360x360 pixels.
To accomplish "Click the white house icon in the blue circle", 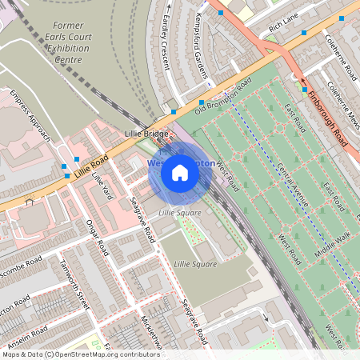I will pyautogui.click(x=180, y=173).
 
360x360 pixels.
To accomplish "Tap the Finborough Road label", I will pyautogui.click(x=328, y=118).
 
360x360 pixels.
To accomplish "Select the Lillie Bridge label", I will pyautogui.click(x=146, y=133).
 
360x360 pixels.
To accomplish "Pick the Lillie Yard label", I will pyautogui.click(x=101, y=186).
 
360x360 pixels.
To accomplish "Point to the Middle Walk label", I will pyautogui.click(x=332, y=248).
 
